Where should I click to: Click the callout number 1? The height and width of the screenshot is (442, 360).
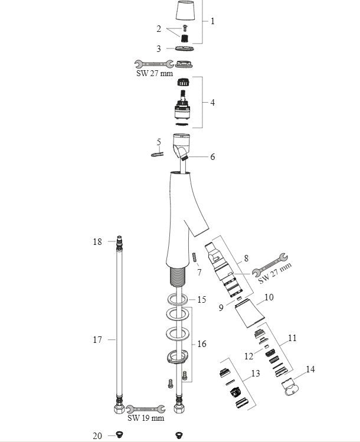click(x=212, y=21)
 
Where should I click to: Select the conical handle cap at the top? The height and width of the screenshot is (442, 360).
click(x=186, y=10)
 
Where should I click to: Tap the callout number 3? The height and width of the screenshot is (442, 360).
click(x=159, y=49)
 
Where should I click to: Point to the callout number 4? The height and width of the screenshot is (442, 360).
click(x=212, y=102)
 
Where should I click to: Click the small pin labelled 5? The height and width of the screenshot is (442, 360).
click(x=158, y=154)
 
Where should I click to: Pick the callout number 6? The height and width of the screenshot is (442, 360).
click(x=212, y=157)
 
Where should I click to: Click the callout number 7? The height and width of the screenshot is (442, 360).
click(x=199, y=272)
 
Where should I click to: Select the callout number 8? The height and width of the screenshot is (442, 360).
click(x=246, y=258)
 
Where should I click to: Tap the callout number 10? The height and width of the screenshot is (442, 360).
click(x=269, y=297)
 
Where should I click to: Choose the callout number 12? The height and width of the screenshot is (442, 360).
click(x=248, y=356)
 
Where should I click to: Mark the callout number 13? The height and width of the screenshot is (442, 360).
click(x=256, y=374)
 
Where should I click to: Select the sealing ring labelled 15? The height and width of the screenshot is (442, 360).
click(x=178, y=299)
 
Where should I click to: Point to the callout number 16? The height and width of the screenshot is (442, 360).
click(x=202, y=344)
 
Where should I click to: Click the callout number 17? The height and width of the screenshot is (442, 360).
click(x=97, y=340)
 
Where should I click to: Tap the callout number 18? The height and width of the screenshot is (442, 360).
click(x=97, y=241)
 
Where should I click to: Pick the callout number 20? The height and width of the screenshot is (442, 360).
click(x=97, y=436)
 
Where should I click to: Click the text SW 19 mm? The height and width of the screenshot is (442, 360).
click(x=146, y=418)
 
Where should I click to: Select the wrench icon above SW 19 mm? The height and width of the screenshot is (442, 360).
click(x=145, y=409)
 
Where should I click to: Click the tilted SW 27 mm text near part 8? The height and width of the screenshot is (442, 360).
click(x=275, y=273)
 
